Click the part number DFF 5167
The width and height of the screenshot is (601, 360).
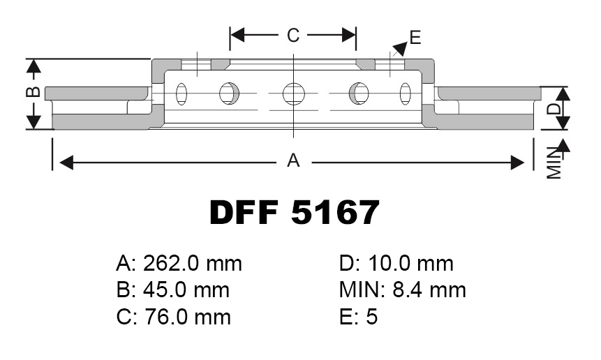pyautogui.click(x=295, y=213)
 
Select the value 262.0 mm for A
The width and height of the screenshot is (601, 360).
pyautogui.click(x=193, y=264)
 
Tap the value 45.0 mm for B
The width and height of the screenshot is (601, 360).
pyautogui.click(x=186, y=290)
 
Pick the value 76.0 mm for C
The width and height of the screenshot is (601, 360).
pyautogui.click(x=188, y=317)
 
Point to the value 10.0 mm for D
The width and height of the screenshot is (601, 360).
pyautogui.click(x=411, y=264)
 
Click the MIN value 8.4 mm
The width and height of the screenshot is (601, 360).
pyautogui.click(x=429, y=290)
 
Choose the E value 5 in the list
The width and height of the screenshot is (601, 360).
pyautogui.click(x=372, y=317)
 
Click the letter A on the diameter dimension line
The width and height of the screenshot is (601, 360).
pyautogui.click(x=293, y=160)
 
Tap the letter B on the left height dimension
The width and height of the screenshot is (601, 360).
pyautogui.click(x=34, y=92)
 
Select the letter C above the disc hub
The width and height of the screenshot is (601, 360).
pyautogui.click(x=293, y=36)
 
